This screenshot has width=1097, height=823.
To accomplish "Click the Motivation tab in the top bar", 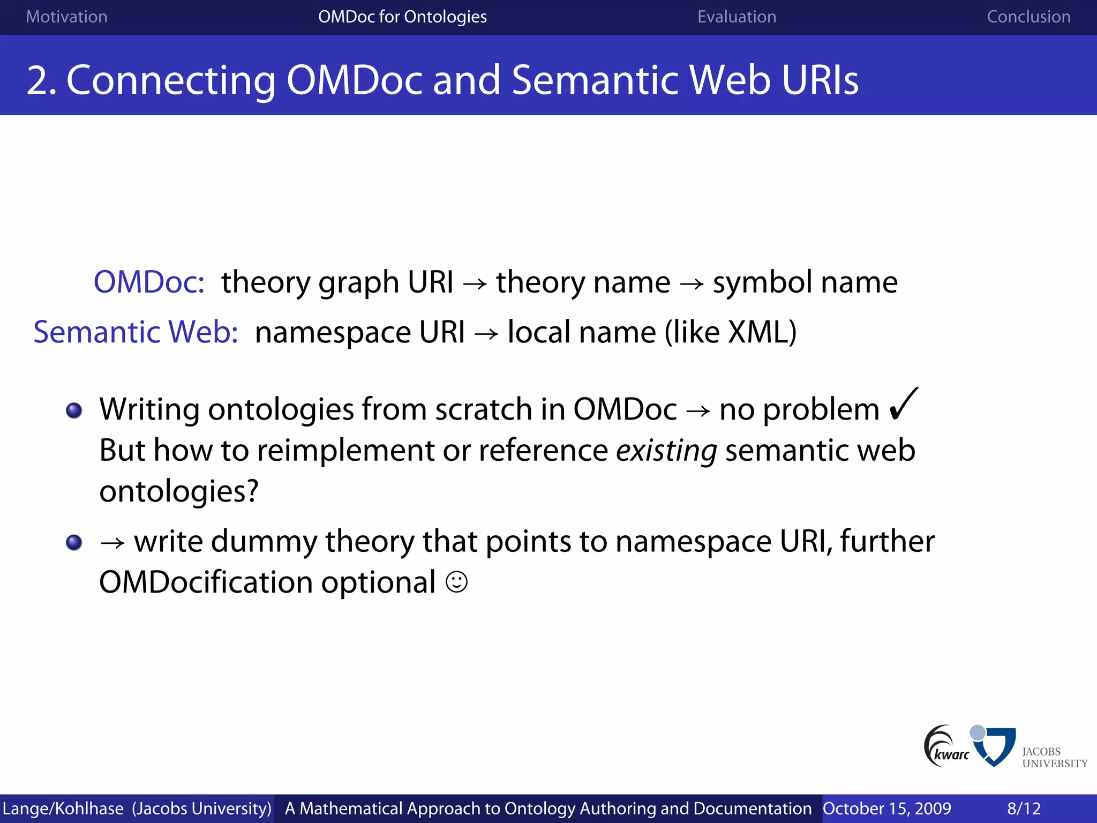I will (66, 17).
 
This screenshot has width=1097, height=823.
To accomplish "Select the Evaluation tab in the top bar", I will (737, 17).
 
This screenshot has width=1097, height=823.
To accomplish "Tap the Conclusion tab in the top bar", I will (1028, 17).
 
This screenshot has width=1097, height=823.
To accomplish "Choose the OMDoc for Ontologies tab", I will (402, 17).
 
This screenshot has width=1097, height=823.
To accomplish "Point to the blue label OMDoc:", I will (149, 282).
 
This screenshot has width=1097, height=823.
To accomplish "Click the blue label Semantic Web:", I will (136, 332).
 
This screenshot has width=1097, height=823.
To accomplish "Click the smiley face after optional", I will (456, 582).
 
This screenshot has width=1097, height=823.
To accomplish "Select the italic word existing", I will (666, 450).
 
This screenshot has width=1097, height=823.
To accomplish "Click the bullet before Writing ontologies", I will (74, 411).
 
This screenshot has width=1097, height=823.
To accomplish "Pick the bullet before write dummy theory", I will (74, 542).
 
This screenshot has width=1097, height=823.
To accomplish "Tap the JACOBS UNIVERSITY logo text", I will (1054, 757).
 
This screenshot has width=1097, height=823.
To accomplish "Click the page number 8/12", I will (1024, 809).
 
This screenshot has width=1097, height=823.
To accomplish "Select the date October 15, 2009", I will (886, 809).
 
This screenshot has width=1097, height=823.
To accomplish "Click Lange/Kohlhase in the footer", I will (63, 809).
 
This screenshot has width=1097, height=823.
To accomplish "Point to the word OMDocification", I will (206, 582).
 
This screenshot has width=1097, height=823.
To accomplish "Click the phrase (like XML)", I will (731, 332).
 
